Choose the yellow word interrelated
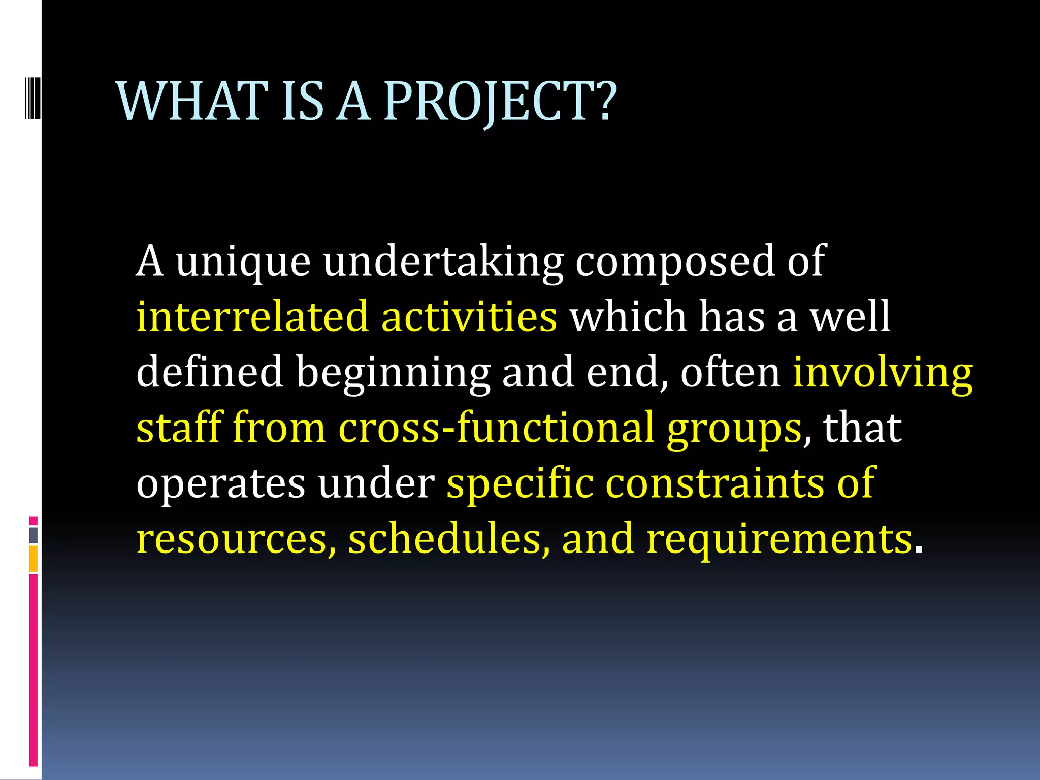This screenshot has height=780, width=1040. (252, 317)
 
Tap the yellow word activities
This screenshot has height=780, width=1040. (469, 317)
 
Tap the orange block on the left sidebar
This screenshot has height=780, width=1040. (33, 559)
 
